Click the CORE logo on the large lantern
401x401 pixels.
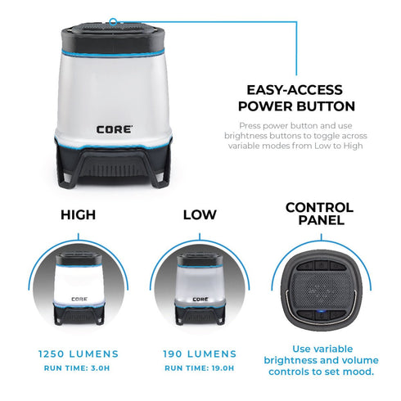point(112,128)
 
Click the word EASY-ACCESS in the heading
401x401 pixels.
point(295,91)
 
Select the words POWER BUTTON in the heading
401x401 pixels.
point(295,106)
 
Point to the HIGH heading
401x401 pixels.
point(79,215)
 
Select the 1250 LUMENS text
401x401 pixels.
point(79,354)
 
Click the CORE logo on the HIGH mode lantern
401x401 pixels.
point(79,298)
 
